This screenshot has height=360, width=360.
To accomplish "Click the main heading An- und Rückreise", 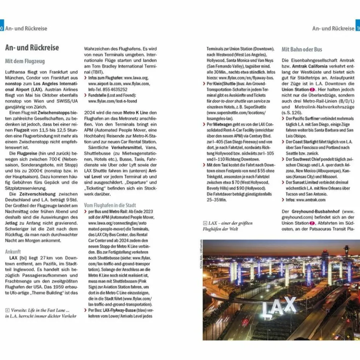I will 32,48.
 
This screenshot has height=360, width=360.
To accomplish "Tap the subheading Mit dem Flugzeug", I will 25,61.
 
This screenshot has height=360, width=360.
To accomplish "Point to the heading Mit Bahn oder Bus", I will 302,49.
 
